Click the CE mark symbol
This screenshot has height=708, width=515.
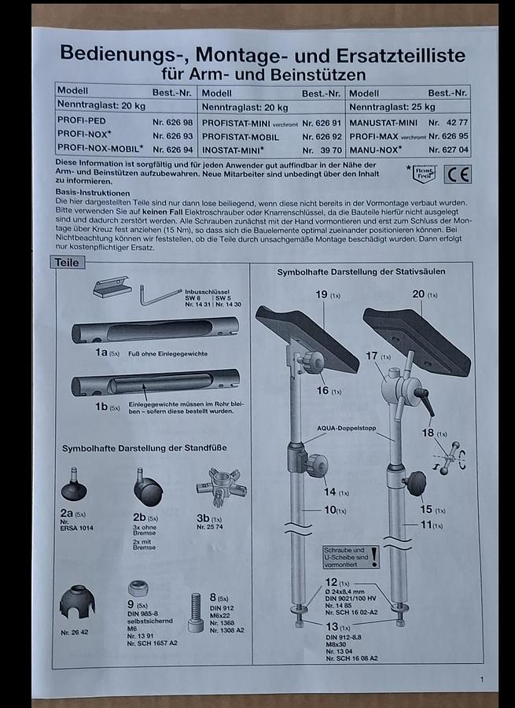tap(457, 174)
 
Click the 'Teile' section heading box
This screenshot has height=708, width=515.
tap(67, 263)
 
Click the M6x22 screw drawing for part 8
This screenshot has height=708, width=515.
tap(195, 612)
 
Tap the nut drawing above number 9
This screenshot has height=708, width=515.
tap(139, 588)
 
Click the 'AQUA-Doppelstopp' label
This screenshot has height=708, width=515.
tap(347, 428)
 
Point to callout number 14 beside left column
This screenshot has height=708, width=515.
tap(329, 492)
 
